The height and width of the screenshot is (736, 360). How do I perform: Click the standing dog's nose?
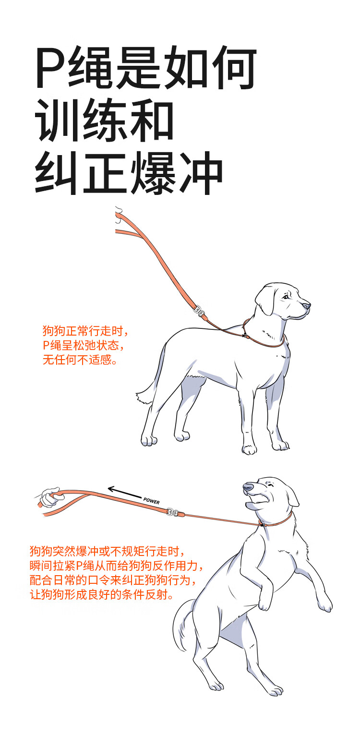pyautogui.click(x=307, y=306)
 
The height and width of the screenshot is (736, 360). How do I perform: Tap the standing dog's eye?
pyautogui.click(x=286, y=297)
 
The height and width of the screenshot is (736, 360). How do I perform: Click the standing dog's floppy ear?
pyautogui.click(x=265, y=301)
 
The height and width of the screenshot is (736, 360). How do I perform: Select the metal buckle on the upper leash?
pyautogui.click(x=199, y=310)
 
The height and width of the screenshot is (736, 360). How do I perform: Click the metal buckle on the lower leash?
pyautogui.click(x=173, y=512)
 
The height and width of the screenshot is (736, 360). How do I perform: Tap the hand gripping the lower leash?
pyautogui.click(x=50, y=497)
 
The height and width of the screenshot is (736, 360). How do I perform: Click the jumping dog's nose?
pyautogui.click(x=248, y=487)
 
